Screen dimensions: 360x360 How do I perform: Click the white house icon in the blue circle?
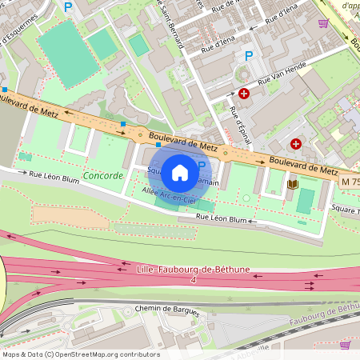(180, 172)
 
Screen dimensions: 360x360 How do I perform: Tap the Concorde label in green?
(103, 175)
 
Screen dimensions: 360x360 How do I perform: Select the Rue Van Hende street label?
(277, 82)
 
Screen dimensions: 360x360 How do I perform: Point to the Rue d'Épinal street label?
(239, 123)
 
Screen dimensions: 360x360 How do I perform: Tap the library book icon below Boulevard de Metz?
(292, 185)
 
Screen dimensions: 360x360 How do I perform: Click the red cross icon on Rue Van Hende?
(244, 94)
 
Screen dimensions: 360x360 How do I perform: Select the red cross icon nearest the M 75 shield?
(297, 144)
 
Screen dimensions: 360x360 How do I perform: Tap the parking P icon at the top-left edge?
(68, 6)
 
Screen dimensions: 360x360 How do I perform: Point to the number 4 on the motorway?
(193, 280)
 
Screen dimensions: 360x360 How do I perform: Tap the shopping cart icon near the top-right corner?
(323, 23)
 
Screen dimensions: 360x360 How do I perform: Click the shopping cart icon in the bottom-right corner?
(346, 345)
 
